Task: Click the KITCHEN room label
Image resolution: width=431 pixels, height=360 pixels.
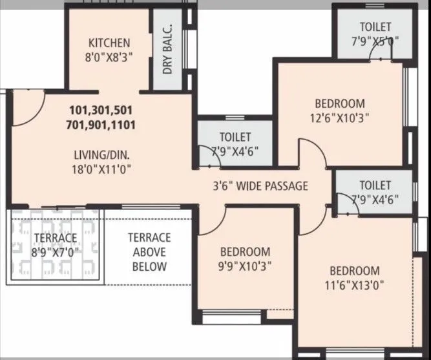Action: tap(109, 43)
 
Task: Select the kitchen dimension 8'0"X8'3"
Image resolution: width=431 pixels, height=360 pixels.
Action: tap(109, 57)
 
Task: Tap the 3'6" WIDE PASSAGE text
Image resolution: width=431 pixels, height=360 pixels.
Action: tap(260, 186)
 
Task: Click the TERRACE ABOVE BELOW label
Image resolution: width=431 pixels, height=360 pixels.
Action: tap(149, 252)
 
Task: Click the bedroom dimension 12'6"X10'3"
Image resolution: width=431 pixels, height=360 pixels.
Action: tap(340, 117)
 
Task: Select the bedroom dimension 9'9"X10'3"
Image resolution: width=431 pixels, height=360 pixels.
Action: tap(245, 265)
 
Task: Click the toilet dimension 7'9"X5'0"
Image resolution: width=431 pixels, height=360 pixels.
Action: tap(375, 41)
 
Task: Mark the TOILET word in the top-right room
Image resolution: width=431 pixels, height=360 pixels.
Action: tap(375, 26)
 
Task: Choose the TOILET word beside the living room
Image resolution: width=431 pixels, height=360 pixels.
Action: tap(235, 137)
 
